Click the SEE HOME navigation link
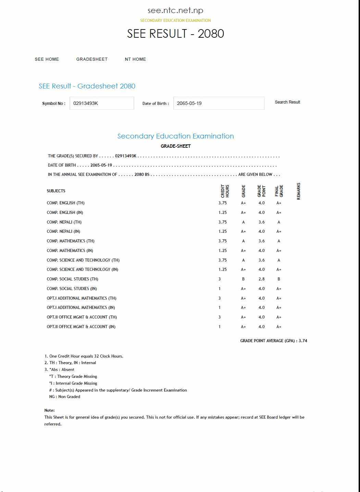(x=47, y=59)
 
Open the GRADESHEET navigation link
(x=92, y=59)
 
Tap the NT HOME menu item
(x=135, y=59)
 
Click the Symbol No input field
(x=102, y=103)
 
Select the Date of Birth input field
(x=219, y=103)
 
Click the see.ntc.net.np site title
(x=175, y=11)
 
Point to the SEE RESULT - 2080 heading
(x=175, y=34)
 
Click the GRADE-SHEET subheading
(x=175, y=146)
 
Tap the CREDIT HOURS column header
(x=225, y=191)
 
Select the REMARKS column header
(x=299, y=191)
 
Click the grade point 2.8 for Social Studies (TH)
(x=262, y=279)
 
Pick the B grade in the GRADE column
(x=243, y=279)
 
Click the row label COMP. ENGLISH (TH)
(x=66, y=203)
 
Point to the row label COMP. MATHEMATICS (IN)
(x=70, y=251)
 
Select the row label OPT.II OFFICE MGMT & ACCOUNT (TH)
(x=82, y=317)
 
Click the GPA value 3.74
(x=303, y=341)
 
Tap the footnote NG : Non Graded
(x=65, y=397)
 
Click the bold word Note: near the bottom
(x=49, y=410)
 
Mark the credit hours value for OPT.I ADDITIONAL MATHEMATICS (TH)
(x=220, y=298)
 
